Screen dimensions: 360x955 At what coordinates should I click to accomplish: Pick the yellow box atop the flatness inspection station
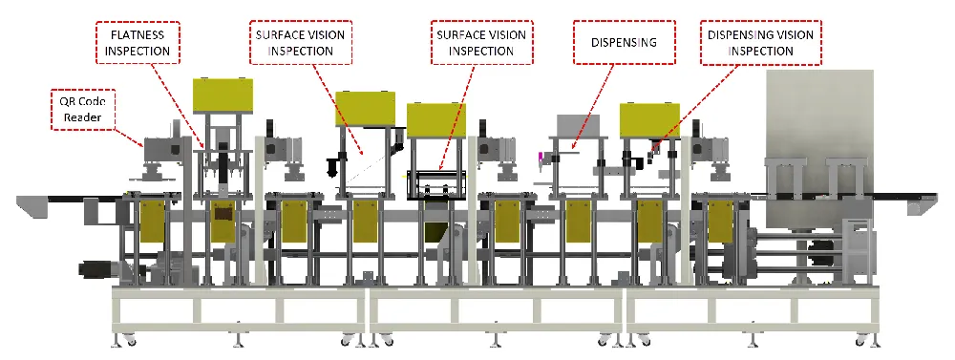[223, 95]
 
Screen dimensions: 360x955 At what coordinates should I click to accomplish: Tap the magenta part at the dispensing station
[541, 157]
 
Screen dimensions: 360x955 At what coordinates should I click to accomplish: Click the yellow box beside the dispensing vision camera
[649, 118]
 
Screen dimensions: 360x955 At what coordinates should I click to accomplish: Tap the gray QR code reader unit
[163, 151]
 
